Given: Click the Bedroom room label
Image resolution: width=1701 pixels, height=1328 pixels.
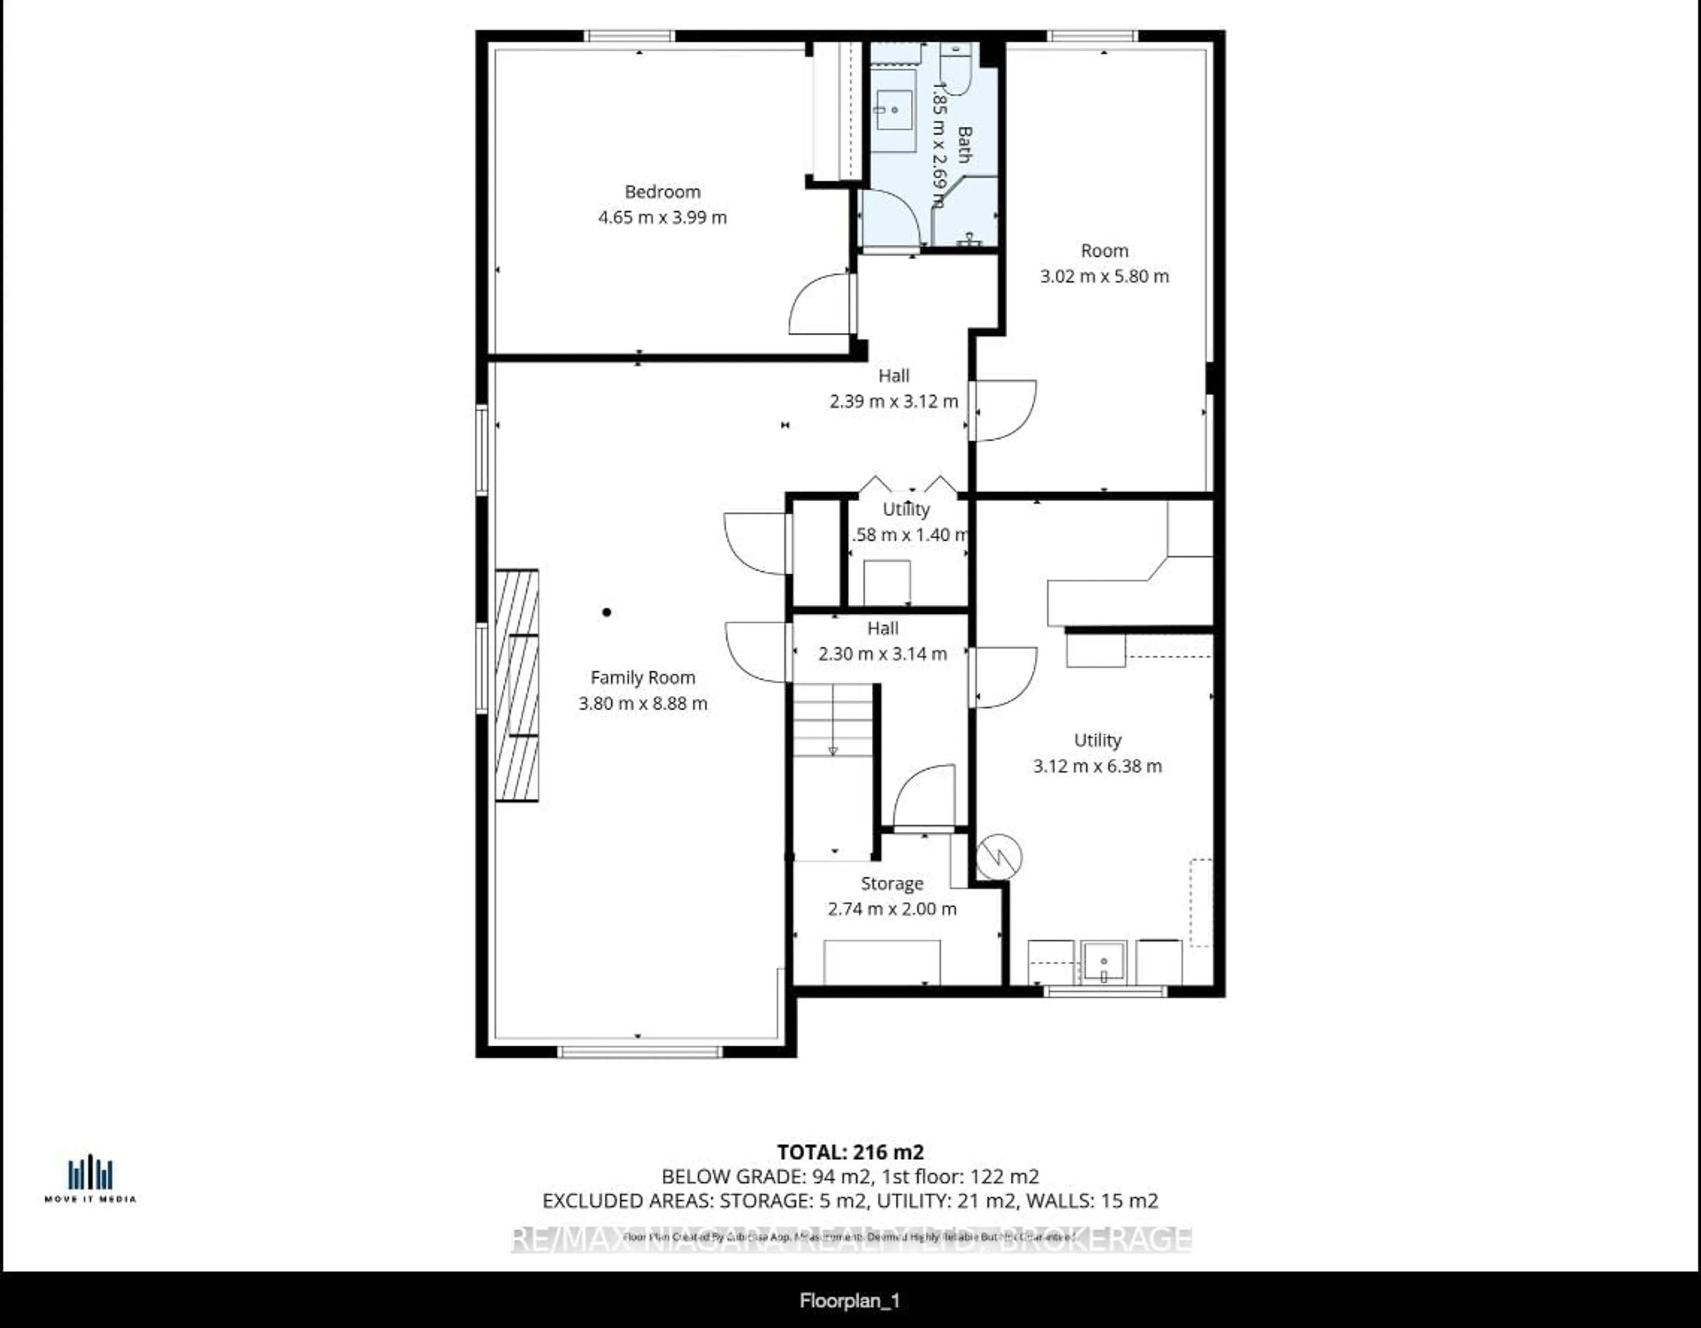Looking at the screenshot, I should (x=662, y=191).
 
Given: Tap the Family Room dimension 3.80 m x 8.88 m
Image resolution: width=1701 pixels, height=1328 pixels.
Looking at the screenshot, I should (x=643, y=703).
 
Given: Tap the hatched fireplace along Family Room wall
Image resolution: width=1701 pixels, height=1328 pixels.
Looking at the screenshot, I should (x=517, y=685).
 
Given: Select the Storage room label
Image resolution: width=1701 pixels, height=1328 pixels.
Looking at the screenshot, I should (x=892, y=883).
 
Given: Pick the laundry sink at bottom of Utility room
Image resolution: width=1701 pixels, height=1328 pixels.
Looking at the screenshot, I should (x=1103, y=962).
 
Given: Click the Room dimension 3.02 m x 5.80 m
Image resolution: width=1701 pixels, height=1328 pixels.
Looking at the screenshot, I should (x=1103, y=276).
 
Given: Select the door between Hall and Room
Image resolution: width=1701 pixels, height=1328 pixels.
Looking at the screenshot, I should (x=1003, y=410).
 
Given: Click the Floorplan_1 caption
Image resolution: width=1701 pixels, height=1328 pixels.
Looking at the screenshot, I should (x=850, y=1301).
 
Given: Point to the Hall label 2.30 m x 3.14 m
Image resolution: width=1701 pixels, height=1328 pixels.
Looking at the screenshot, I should (x=882, y=654).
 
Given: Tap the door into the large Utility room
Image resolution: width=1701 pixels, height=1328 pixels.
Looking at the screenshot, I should (x=1004, y=677).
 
